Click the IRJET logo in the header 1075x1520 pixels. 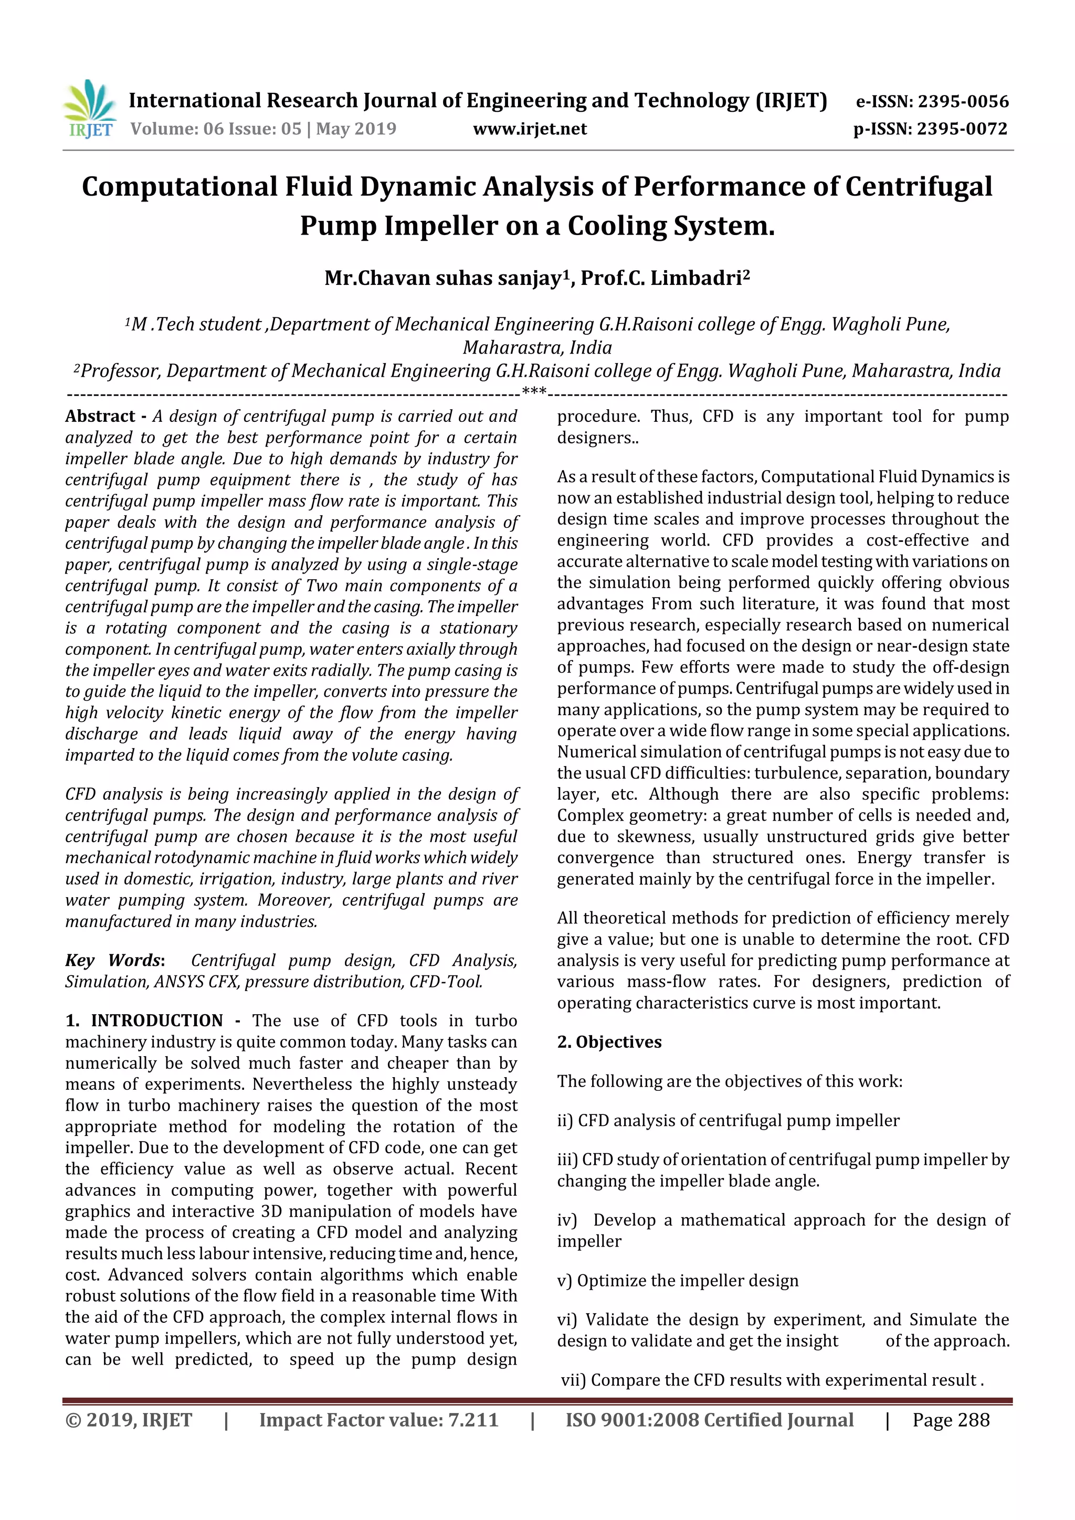pos(89,109)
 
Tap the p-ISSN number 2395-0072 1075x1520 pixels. pos(962,129)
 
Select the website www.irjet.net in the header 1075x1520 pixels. pos(529,129)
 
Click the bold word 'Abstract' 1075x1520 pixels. pos(100,417)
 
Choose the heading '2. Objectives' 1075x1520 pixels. pos(609,1042)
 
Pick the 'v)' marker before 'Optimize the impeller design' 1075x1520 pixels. pos(564,1281)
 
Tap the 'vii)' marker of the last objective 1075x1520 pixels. pos(573,1380)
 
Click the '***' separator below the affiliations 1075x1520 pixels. pos(534,392)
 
